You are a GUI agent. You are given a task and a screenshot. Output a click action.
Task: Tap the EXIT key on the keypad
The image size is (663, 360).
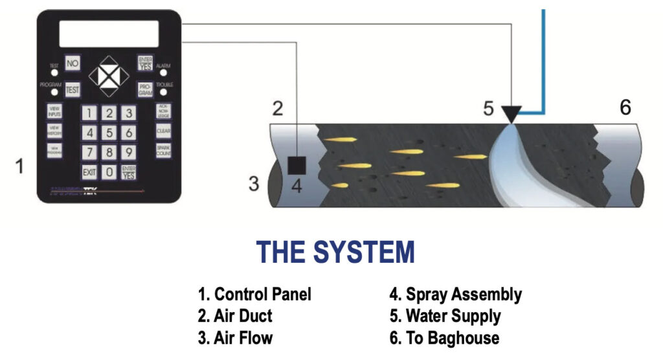[89, 172]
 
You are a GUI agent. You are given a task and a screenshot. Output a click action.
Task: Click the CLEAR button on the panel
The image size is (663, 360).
[164, 130]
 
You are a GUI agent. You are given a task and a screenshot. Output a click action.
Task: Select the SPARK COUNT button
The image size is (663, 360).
[164, 150]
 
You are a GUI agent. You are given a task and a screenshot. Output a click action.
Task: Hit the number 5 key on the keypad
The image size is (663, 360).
[109, 133]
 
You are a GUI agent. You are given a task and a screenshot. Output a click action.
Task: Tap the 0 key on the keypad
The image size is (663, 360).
[109, 172]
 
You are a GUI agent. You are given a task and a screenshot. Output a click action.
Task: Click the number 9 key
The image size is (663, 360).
[129, 153]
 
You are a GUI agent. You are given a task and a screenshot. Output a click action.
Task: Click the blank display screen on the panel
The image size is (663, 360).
[109, 34]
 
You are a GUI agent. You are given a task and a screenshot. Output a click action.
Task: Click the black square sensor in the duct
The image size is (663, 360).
[296, 166]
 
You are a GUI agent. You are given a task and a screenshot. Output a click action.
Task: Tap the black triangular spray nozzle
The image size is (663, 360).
[512, 115]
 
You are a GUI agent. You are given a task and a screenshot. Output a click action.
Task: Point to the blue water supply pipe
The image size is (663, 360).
[543, 65]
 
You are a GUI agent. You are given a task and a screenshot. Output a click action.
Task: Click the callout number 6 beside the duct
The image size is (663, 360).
[625, 107]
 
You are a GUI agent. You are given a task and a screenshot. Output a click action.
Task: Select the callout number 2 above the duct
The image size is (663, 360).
[278, 108]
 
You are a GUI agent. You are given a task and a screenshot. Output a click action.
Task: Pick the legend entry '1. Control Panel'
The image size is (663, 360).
[254, 295]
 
